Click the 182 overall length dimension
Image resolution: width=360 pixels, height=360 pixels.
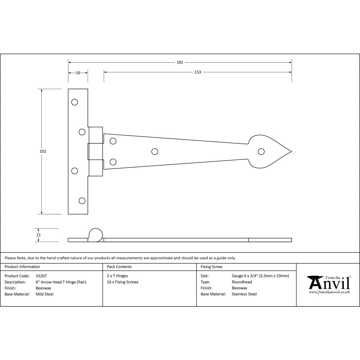[x=180, y=62]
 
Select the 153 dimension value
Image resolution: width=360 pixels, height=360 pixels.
[x=198, y=72]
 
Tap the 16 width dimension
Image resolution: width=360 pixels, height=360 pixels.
[x=78, y=72]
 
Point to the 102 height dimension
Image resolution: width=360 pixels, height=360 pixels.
[x=43, y=151]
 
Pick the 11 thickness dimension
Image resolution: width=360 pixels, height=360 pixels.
[x=39, y=235]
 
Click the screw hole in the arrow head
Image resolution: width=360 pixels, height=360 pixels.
[x=261, y=151]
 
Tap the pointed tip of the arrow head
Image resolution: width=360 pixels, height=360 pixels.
[x=291, y=152]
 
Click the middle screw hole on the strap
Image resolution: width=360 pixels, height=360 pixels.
[x=155, y=152]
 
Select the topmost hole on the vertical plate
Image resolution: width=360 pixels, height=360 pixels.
[x=75, y=102]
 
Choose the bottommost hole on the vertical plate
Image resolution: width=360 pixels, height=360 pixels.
[x=82, y=201]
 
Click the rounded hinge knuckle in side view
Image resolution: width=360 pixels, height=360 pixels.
[x=95, y=234]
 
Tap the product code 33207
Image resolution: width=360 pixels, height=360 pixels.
[x=41, y=276]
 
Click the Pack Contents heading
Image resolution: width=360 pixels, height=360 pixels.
[x=119, y=267]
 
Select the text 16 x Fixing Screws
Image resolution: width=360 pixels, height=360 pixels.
[x=123, y=282]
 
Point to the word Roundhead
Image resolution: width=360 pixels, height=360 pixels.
[x=242, y=282]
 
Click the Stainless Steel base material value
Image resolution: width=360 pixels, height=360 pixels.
[x=244, y=294]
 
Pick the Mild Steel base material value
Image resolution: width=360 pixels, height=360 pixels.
[x=45, y=294]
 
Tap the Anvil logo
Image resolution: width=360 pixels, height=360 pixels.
[x=328, y=284]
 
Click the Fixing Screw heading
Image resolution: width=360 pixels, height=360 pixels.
[x=211, y=267]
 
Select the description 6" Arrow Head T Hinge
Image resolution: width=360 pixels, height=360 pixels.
[x=61, y=282]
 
